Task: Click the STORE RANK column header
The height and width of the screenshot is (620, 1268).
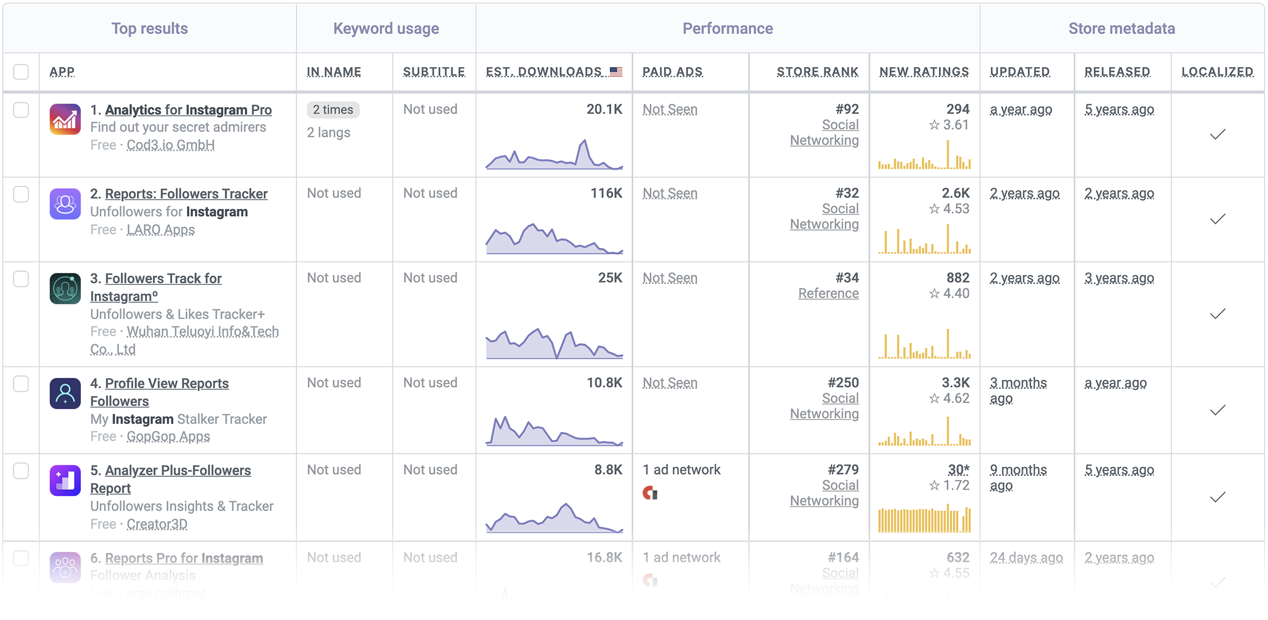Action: (x=817, y=72)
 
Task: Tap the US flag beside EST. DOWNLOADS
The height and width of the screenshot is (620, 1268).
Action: (x=616, y=72)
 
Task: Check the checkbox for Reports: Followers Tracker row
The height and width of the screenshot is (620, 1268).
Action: (x=21, y=194)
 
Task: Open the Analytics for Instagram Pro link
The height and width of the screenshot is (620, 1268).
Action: (x=188, y=110)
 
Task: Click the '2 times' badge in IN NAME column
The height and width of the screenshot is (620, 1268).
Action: (x=333, y=110)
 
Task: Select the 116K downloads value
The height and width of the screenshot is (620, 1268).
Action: (x=606, y=193)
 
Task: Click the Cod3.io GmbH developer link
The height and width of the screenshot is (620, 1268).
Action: (x=170, y=145)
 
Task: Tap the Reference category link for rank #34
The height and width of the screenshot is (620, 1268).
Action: (x=828, y=294)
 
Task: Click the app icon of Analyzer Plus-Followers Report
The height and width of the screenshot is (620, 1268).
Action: (x=65, y=480)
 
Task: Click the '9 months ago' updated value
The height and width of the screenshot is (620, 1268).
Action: (x=1018, y=477)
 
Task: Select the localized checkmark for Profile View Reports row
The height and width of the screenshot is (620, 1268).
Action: (x=1217, y=410)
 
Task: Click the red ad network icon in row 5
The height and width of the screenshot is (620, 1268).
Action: (x=650, y=493)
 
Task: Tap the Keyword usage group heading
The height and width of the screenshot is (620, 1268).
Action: (x=386, y=29)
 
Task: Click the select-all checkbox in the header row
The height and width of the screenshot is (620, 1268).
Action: (x=21, y=72)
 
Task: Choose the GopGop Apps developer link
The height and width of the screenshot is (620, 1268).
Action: (x=168, y=436)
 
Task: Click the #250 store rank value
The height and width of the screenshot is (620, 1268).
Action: (x=843, y=383)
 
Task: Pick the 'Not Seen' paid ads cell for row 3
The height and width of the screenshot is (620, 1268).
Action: (x=670, y=278)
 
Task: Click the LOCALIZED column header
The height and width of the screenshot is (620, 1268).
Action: (x=1217, y=72)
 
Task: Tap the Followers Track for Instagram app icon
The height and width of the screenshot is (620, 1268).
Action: (x=65, y=289)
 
